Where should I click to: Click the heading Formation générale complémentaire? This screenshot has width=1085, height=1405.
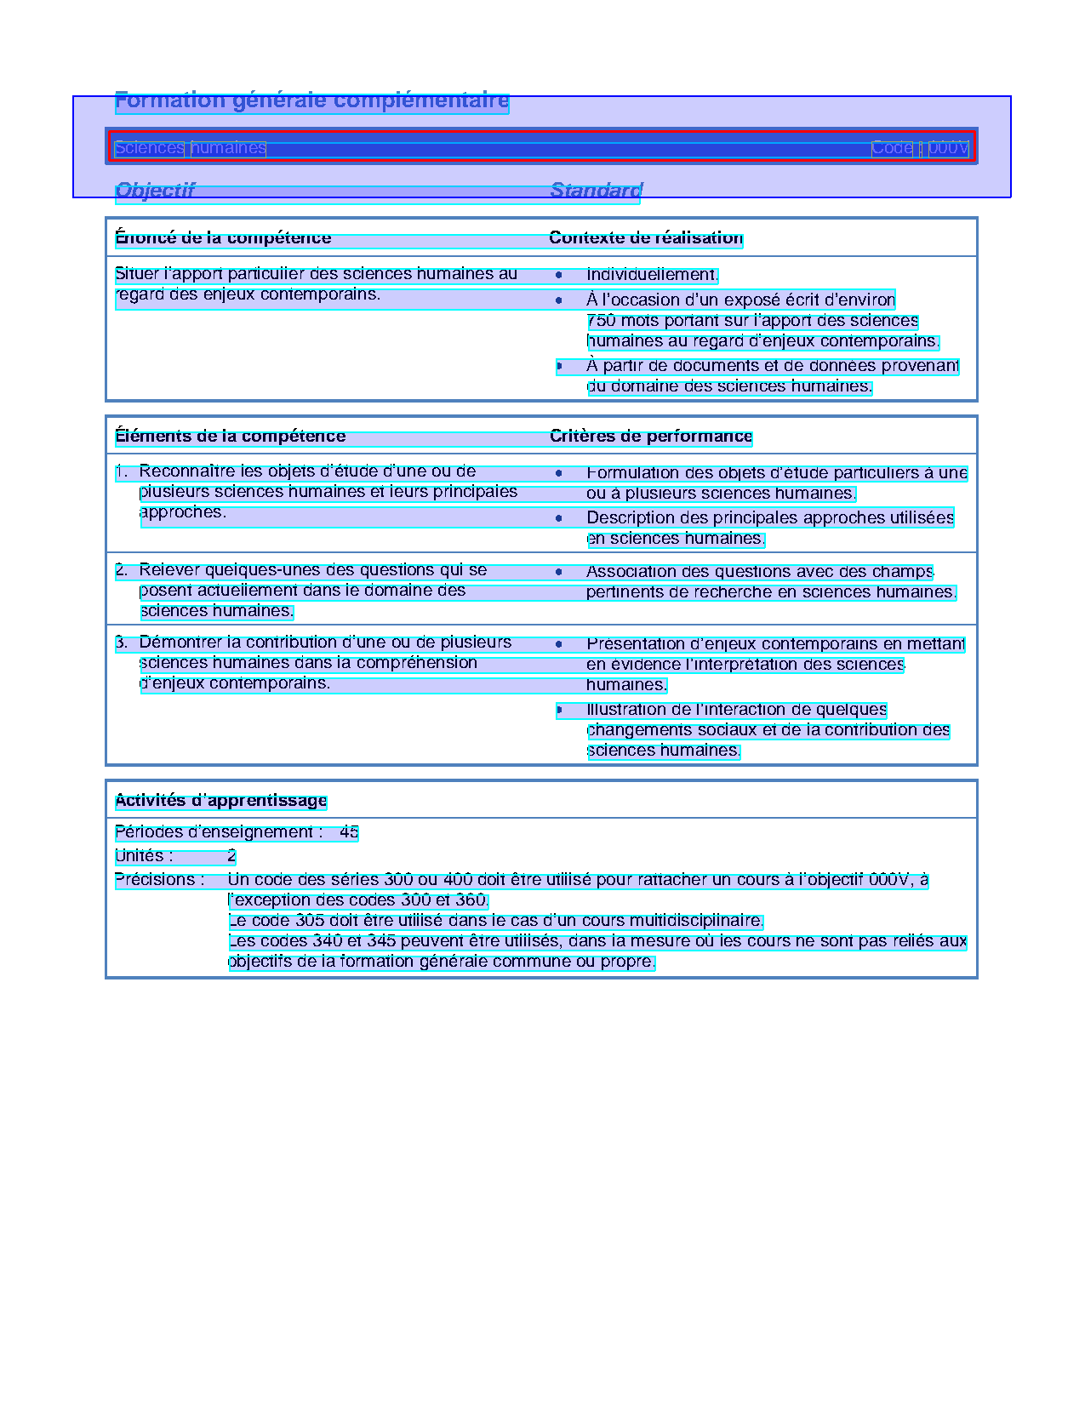point(311,100)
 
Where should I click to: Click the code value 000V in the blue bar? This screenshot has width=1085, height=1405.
point(948,148)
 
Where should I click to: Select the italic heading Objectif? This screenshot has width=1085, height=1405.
point(155,190)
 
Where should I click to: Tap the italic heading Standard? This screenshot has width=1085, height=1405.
point(596,190)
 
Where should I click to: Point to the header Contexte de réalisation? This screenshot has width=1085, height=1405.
point(646,237)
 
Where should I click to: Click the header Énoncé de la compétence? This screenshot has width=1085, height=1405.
point(223,237)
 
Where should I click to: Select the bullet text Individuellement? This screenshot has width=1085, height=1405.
point(652,274)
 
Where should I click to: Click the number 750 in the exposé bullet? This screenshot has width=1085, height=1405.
point(601,321)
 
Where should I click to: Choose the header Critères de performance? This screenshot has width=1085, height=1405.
point(651,436)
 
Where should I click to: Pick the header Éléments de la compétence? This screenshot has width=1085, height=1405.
point(230,436)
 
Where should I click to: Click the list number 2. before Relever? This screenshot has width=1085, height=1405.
point(121,569)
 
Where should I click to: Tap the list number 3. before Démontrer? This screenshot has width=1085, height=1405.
point(121,642)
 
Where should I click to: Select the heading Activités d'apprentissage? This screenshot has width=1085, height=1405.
point(220,800)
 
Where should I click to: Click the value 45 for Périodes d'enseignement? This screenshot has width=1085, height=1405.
point(349,831)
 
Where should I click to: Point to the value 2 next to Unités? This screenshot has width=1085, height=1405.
point(231,855)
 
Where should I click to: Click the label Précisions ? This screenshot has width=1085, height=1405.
point(159,879)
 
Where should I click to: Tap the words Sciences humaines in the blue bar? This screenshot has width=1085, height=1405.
point(190,148)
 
